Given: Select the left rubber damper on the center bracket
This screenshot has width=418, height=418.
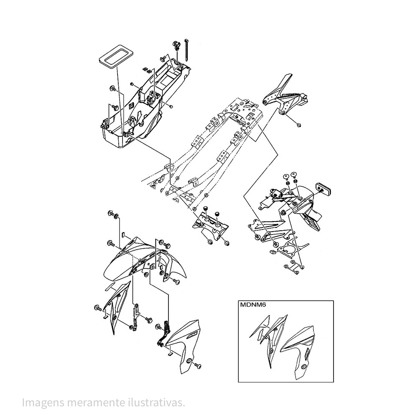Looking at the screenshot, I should click(206, 209).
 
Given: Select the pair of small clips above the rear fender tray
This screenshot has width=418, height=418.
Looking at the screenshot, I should click(147, 69).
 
